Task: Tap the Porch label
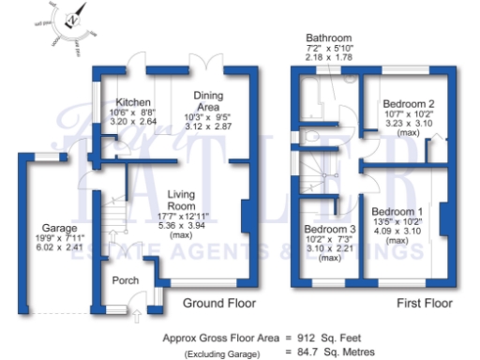pos(126,280)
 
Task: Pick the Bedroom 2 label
pos(406,104)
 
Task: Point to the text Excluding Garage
pos(222,352)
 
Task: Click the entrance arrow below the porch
pos(140,316)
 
